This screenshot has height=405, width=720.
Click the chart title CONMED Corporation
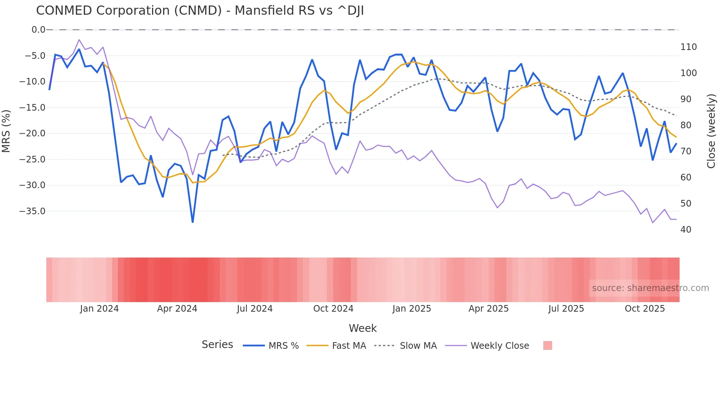coord(200,11)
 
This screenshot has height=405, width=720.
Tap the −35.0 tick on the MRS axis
coord(32,211)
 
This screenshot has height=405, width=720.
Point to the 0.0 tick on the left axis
coord(38,30)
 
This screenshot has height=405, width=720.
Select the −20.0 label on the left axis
coord(32,133)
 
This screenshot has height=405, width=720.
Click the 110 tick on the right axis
coord(688,47)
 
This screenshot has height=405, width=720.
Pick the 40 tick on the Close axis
coord(685,230)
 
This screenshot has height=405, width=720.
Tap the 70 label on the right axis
coord(685,151)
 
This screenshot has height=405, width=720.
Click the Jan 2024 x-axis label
coord(99,309)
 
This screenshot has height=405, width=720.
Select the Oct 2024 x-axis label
coord(333,309)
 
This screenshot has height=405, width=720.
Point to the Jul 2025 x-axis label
coord(566,309)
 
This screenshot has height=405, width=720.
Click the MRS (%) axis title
coord(6,131)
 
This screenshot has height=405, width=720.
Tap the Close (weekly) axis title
coord(712,131)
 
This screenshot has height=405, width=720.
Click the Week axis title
coord(363,328)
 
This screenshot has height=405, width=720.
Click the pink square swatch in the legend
coord(547,345)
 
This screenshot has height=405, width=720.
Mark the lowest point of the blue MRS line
coord(192,222)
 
